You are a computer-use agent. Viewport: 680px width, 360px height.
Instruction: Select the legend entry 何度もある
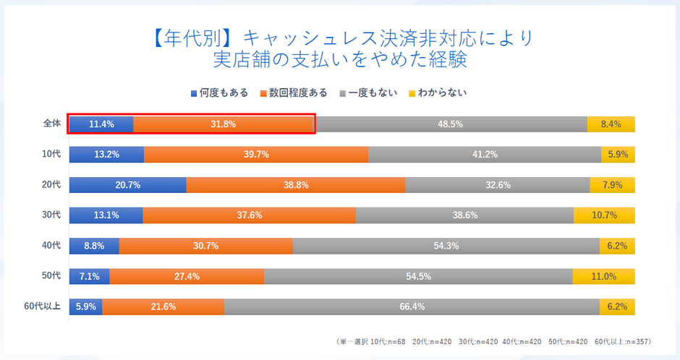click(219, 93)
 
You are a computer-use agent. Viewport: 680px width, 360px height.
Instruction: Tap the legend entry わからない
click(438, 93)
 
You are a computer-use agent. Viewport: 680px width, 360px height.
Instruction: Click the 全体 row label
click(51, 124)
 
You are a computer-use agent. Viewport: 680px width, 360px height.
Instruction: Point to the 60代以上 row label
click(42, 307)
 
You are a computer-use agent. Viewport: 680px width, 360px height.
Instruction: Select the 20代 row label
click(51, 184)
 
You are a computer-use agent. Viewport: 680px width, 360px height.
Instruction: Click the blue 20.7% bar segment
click(127, 184)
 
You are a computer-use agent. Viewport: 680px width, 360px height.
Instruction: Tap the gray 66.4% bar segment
click(412, 307)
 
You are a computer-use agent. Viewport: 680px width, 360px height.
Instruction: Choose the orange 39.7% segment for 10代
click(256, 154)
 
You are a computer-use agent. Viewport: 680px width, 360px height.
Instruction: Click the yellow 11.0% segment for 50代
click(603, 276)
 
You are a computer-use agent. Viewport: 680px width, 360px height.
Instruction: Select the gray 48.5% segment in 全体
click(450, 124)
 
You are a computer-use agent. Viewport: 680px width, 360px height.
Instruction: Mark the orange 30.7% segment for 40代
click(206, 246)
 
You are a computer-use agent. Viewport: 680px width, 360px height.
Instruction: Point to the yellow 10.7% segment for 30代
click(604, 215)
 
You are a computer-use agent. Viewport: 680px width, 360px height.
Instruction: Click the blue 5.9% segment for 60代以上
click(85, 307)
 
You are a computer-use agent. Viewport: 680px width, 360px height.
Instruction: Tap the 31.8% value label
click(223, 124)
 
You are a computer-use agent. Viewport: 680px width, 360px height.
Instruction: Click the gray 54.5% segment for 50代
click(418, 276)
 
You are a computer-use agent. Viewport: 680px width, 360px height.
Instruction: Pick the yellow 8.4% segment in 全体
click(611, 124)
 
